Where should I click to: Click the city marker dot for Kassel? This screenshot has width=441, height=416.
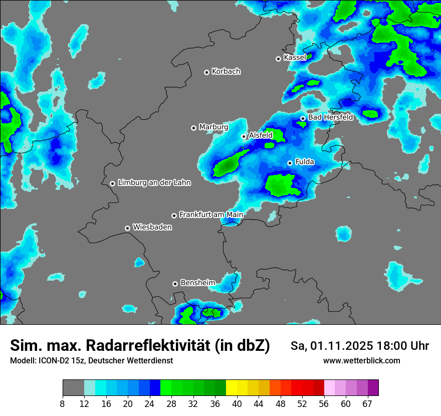tap(278, 59)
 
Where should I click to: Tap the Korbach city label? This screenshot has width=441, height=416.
tap(226, 72)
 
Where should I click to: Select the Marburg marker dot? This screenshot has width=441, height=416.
tap(193, 128)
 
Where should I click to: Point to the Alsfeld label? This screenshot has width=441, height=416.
tap(261, 135)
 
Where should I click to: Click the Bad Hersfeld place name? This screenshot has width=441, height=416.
tap(330, 117)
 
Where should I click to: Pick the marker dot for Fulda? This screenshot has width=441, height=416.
tap(290, 163)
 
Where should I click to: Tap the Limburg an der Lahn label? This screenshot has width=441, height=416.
tap(154, 183)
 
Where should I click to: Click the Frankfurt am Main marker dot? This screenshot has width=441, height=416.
tap(174, 216)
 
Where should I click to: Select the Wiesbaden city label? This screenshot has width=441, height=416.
tap(152, 228)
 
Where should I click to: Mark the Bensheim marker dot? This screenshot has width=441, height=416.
tap(175, 284)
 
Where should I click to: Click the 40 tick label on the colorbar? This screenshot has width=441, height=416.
tap(237, 403)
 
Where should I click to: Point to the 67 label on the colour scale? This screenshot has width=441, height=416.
tap(367, 403)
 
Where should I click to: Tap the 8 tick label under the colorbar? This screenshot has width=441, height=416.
tap(63, 403)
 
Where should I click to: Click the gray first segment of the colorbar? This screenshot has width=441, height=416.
tap(73, 388)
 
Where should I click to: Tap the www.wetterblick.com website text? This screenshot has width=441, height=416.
tap(361, 361)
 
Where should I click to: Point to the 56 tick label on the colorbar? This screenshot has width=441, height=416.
tap(324, 403)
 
